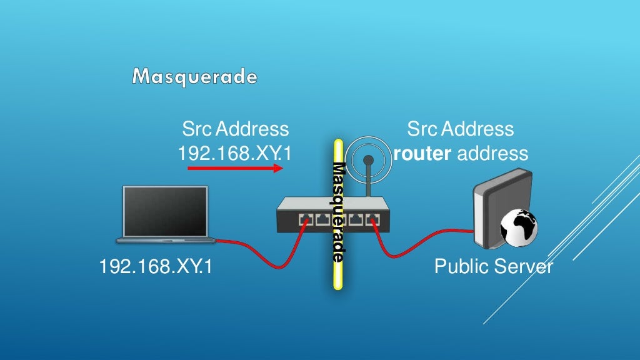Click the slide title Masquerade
(x=194, y=77)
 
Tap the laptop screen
(x=166, y=210)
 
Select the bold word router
(x=422, y=153)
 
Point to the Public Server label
(x=493, y=267)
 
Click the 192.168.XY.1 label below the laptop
(x=156, y=267)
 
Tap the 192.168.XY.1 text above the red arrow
(x=235, y=153)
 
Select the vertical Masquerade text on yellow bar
(x=338, y=212)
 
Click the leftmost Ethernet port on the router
(x=306, y=219)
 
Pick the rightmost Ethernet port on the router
(x=373, y=219)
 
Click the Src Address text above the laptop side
(x=235, y=129)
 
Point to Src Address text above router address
(x=460, y=129)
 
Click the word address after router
(x=492, y=153)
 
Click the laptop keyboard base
(x=166, y=239)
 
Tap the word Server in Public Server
(x=523, y=267)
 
